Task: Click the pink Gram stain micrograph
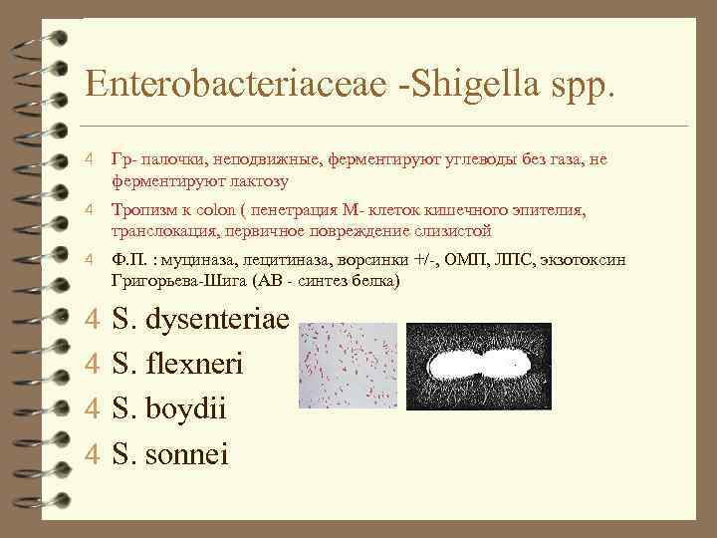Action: [348, 367]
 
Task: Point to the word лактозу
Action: [255, 180]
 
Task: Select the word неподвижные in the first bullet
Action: [252, 159]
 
